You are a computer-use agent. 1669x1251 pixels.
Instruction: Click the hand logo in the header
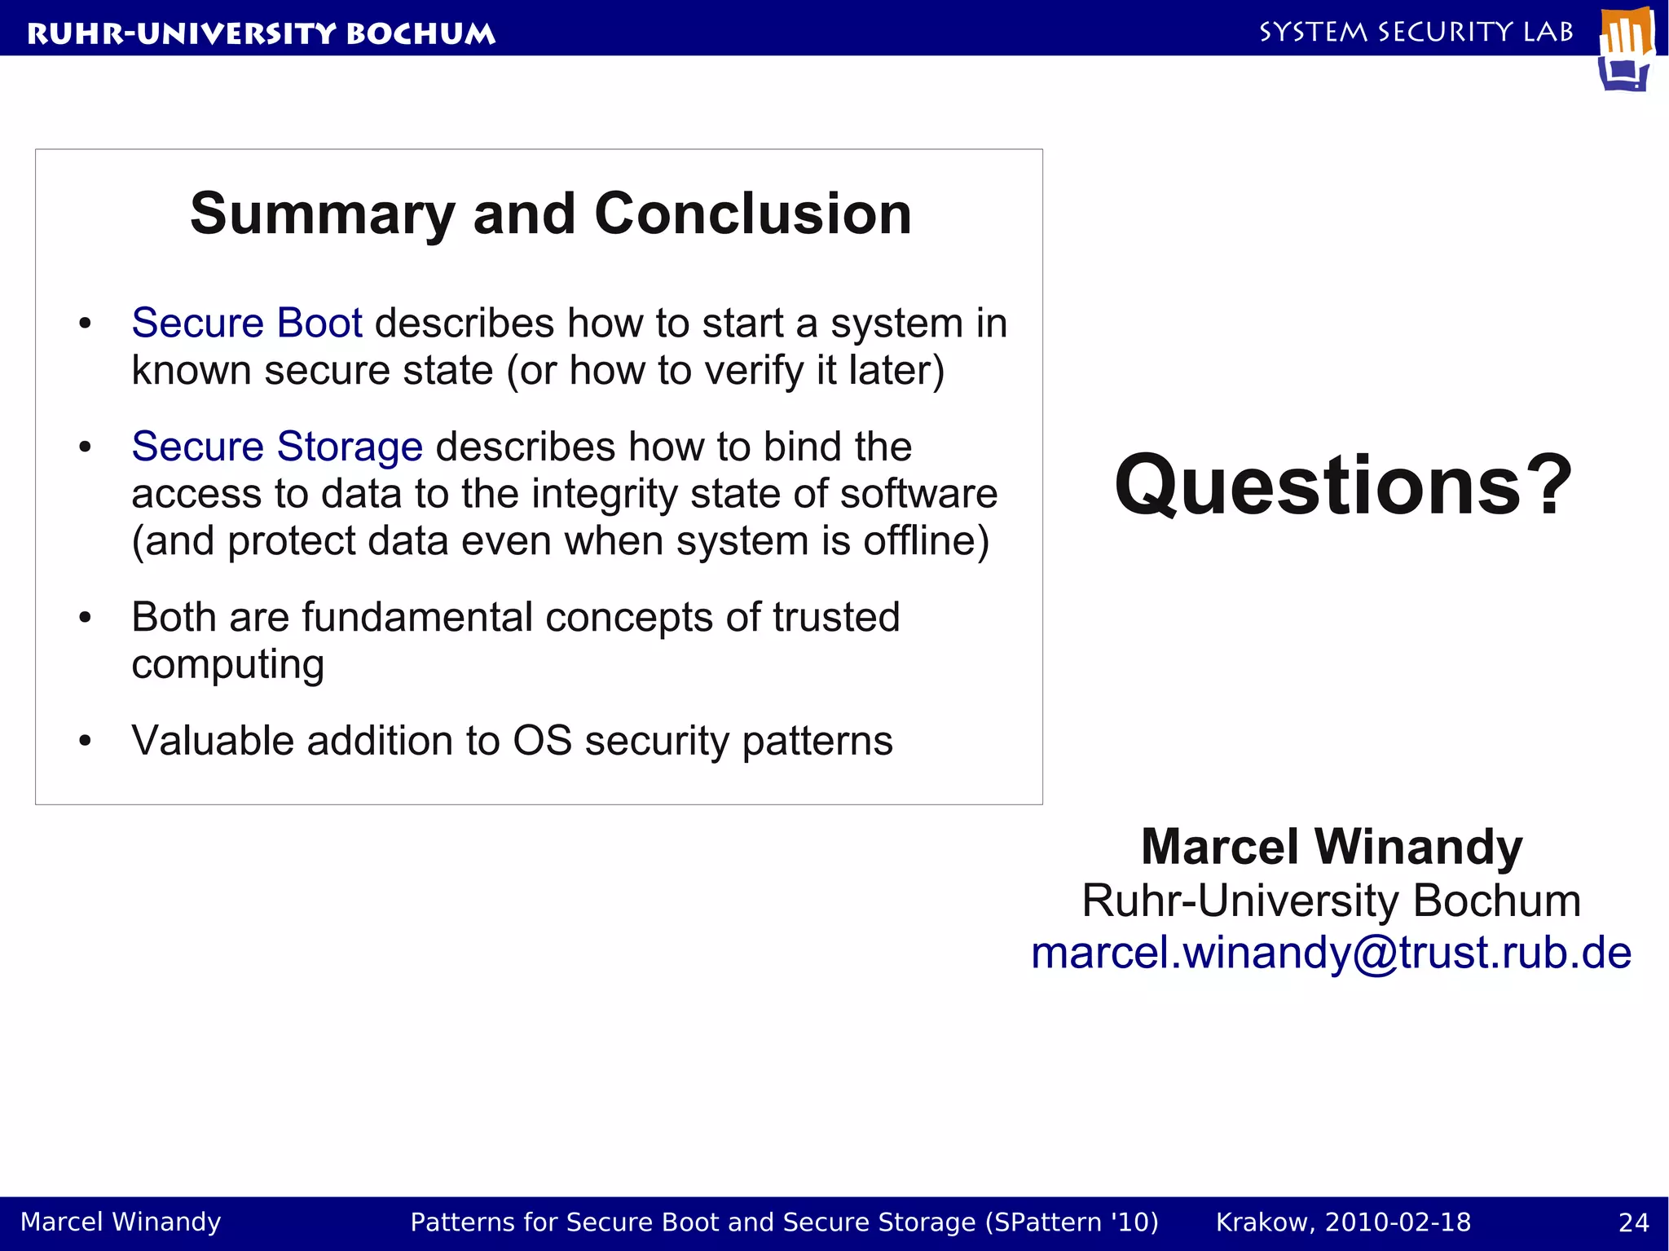click(x=1627, y=49)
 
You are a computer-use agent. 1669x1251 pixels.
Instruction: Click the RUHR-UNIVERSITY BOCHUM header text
click(x=261, y=33)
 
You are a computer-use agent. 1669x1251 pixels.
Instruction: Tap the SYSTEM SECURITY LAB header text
click(x=1416, y=32)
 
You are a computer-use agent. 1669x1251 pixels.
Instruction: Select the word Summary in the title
click(x=322, y=214)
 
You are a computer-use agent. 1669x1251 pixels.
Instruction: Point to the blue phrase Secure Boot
click(x=246, y=323)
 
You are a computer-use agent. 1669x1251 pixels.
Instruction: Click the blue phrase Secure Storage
click(x=277, y=447)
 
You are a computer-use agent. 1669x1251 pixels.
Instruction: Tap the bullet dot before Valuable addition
click(x=85, y=741)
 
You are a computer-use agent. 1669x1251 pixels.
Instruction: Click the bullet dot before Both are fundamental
click(x=85, y=617)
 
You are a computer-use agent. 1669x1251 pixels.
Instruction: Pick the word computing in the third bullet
click(x=227, y=665)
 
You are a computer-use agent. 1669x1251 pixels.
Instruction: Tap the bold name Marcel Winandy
click(x=1331, y=847)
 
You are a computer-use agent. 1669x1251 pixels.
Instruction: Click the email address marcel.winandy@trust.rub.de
click(x=1331, y=952)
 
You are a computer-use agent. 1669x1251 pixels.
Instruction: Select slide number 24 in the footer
click(x=1633, y=1222)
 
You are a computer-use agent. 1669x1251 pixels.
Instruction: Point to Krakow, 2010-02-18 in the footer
click(x=1343, y=1222)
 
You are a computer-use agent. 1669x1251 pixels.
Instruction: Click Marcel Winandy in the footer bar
click(x=121, y=1222)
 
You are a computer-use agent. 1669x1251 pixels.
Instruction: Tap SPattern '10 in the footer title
click(x=1072, y=1222)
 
